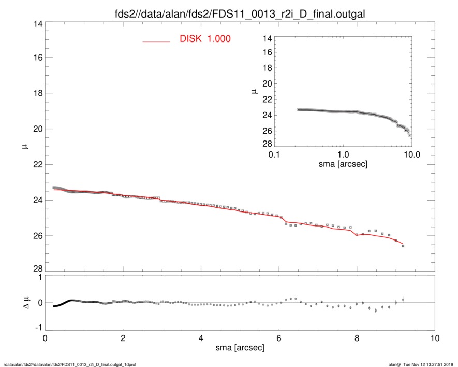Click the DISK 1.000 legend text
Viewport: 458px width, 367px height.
pos(205,39)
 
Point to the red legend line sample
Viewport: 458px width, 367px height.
pos(156,41)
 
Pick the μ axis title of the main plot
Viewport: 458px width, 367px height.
pos(22,147)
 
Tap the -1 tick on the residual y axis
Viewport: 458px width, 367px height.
pos(36,328)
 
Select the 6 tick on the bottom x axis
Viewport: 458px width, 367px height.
pos(279,338)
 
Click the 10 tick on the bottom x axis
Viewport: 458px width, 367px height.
pos(435,338)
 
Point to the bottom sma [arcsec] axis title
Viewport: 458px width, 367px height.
pos(240,348)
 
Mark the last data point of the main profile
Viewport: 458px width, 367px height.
pos(403,246)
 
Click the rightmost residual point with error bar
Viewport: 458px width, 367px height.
pos(403,300)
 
